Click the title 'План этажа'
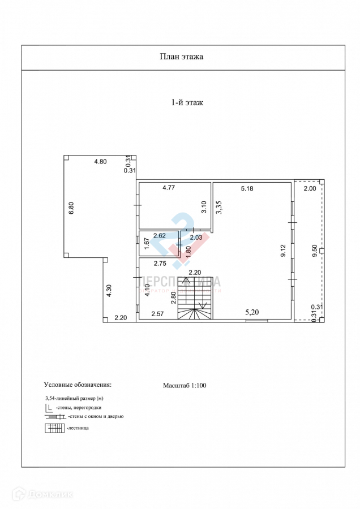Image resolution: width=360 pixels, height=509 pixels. coord(181,57)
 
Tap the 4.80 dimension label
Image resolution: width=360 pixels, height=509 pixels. coord(100,162)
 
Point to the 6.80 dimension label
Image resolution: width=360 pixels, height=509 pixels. coord(71,208)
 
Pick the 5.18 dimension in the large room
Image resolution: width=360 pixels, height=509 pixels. coord(247,188)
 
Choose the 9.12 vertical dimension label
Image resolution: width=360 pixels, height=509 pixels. coord(284,251)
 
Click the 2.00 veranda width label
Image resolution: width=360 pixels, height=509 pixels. coord(310,188)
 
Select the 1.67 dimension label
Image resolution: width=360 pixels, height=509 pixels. coord(146,244)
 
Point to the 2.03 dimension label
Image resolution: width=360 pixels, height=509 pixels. coord(196,238)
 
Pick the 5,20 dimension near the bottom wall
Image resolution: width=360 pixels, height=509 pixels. coord(253,311)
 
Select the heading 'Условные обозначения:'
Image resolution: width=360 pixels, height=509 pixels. coord(78,385)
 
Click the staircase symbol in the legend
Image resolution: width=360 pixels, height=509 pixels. coord(54,428)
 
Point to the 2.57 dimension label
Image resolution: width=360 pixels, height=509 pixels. coord(157,313)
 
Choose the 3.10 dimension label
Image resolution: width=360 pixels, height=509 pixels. coord(205,208)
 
